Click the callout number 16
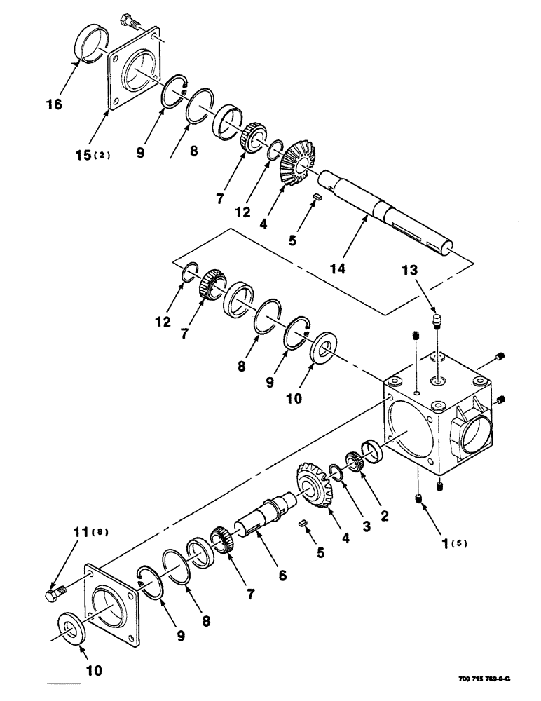tap(54, 104)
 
